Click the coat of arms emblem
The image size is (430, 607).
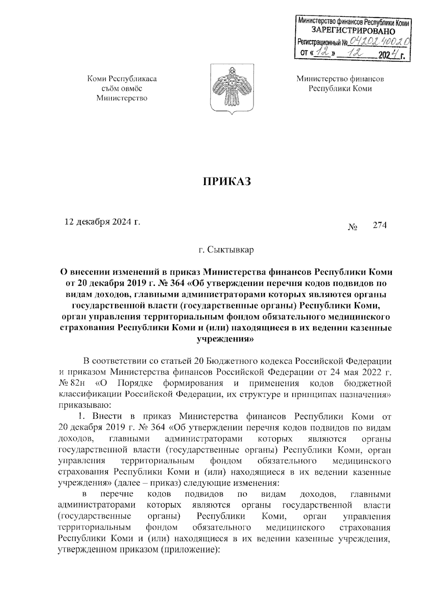231,88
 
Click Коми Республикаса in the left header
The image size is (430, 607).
122,78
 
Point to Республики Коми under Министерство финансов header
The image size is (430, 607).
340,88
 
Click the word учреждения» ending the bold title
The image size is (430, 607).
226,338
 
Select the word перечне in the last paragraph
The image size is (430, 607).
117,494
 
